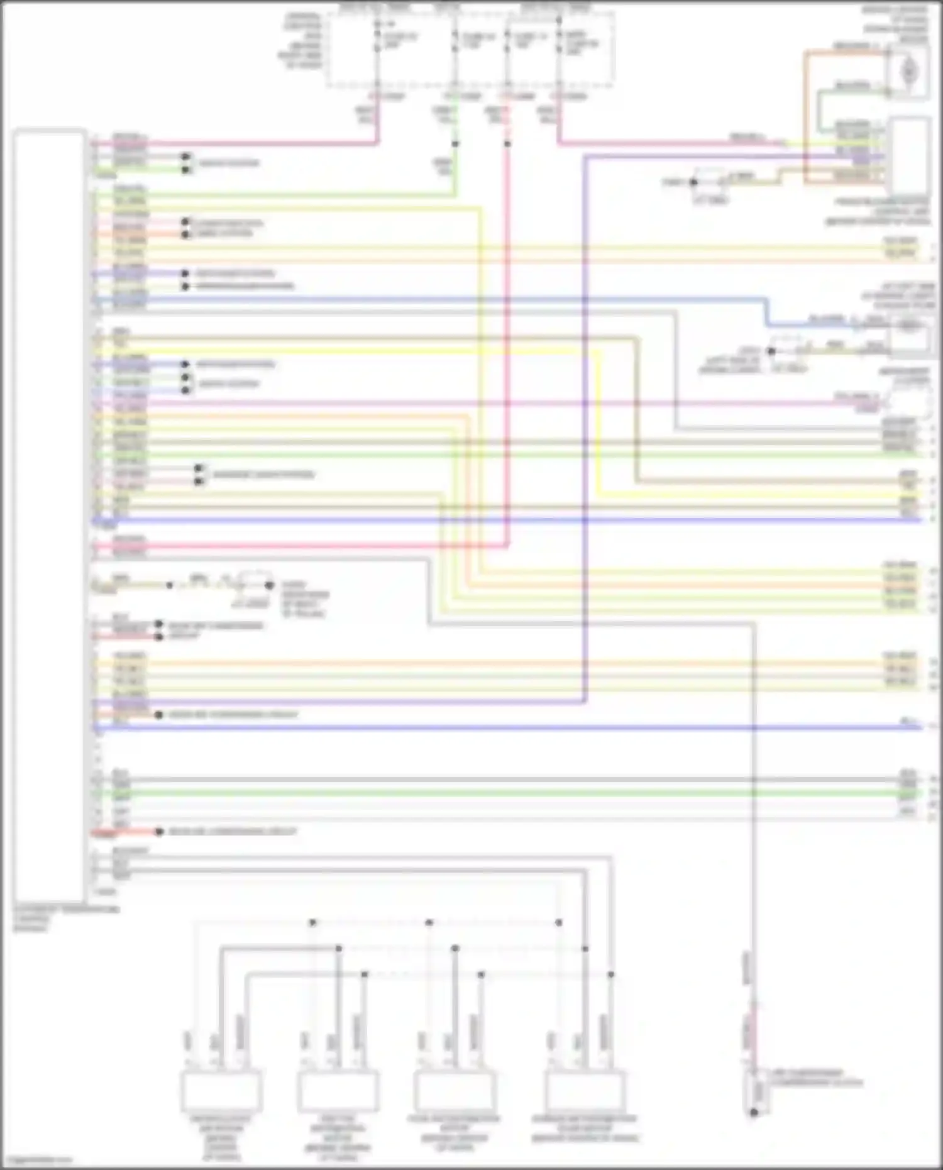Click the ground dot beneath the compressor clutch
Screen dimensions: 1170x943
[754, 1112]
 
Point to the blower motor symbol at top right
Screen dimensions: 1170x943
[908, 72]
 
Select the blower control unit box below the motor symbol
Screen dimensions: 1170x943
[910, 154]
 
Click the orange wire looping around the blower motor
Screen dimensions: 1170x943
[805, 113]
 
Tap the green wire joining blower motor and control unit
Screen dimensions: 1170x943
[819, 110]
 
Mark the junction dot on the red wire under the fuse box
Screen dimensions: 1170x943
[507, 144]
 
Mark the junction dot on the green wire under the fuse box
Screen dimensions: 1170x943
[455, 144]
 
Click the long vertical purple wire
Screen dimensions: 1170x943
[585, 440]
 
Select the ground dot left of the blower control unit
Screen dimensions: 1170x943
[693, 182]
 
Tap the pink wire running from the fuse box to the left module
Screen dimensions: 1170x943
[251, 144]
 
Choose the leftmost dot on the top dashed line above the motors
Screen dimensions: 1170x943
[312, 922]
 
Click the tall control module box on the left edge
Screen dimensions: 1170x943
[49, 516]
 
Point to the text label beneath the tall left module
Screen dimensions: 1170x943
[63, 918]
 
